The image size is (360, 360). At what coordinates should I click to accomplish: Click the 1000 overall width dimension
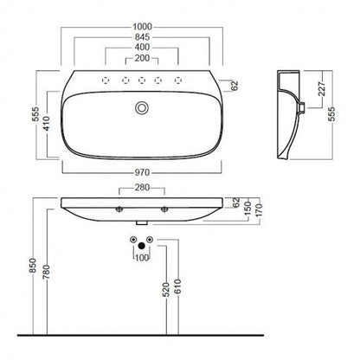142,27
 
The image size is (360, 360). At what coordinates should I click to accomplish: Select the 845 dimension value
142,37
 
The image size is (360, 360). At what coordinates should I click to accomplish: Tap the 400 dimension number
142,47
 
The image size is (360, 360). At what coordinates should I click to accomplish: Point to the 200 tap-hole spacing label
142,58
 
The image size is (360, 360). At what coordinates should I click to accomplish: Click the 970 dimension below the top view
142,173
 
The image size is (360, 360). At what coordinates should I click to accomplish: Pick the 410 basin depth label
47,124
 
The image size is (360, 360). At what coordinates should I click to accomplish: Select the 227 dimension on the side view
322,88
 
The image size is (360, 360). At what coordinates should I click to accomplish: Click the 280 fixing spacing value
142,188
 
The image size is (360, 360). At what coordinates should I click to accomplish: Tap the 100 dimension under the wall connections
142,258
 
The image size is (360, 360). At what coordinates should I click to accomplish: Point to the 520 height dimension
166,290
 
